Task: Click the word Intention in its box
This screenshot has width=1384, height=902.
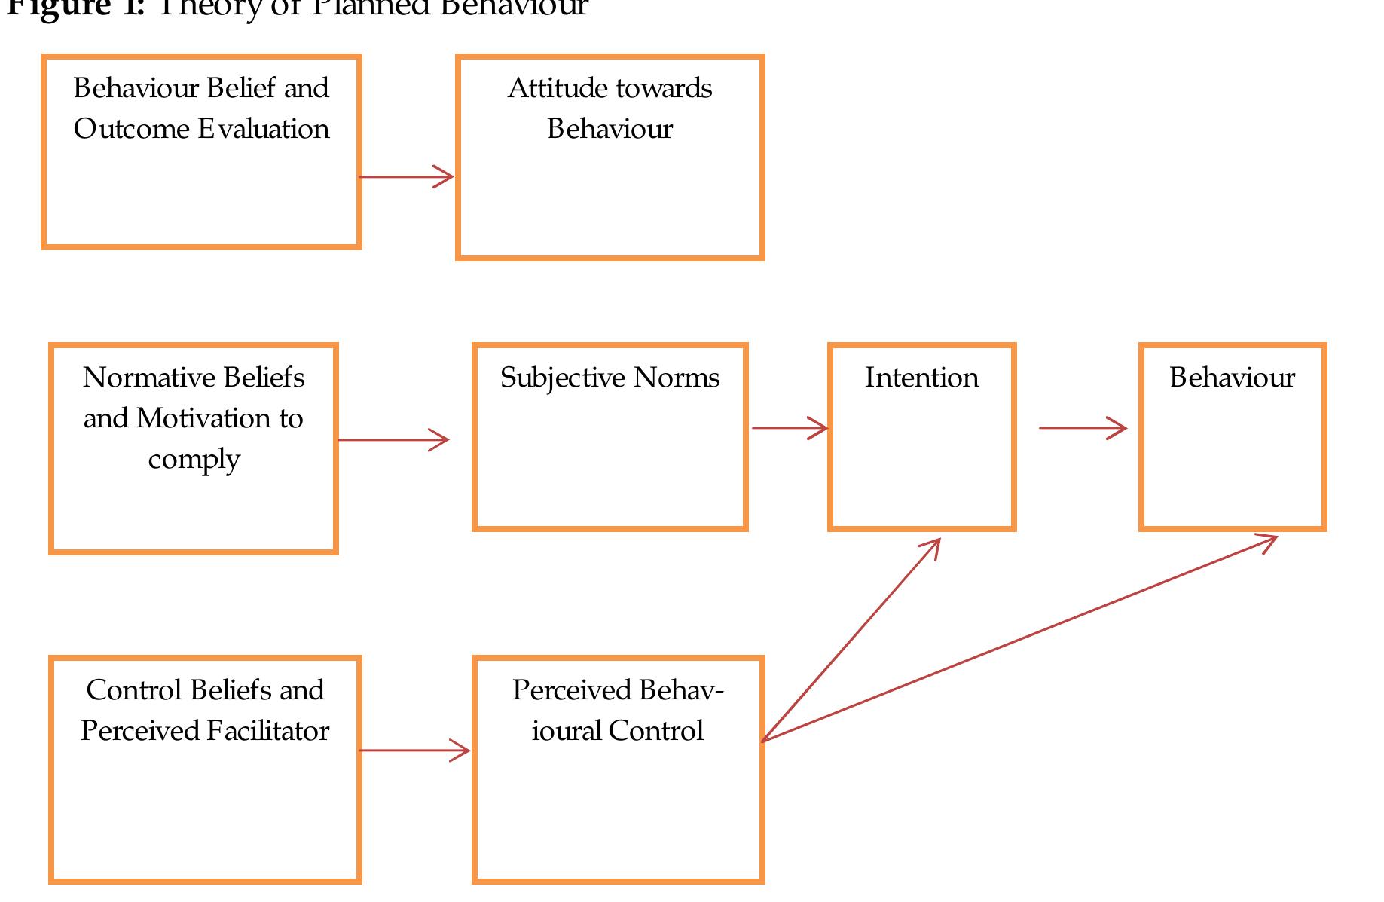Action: tap(921, 378)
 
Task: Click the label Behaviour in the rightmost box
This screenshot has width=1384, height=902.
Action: tap(1232, 378)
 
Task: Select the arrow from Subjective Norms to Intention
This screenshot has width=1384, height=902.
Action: tap(789, 428)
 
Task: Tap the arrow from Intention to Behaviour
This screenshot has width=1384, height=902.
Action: tap(1082, 428)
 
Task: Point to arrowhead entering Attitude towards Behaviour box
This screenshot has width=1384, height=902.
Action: tap(445, 177)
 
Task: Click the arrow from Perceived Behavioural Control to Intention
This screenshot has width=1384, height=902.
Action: tap(851, 641)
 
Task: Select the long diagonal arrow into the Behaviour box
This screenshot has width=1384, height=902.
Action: tap(1017, 639)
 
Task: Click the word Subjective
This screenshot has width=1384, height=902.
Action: tap(562, 378)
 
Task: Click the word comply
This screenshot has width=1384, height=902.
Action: tap(194, 460)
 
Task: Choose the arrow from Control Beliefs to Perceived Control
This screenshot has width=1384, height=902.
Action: tap(414, 751)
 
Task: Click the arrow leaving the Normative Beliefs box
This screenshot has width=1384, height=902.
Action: tap(393, 440)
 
